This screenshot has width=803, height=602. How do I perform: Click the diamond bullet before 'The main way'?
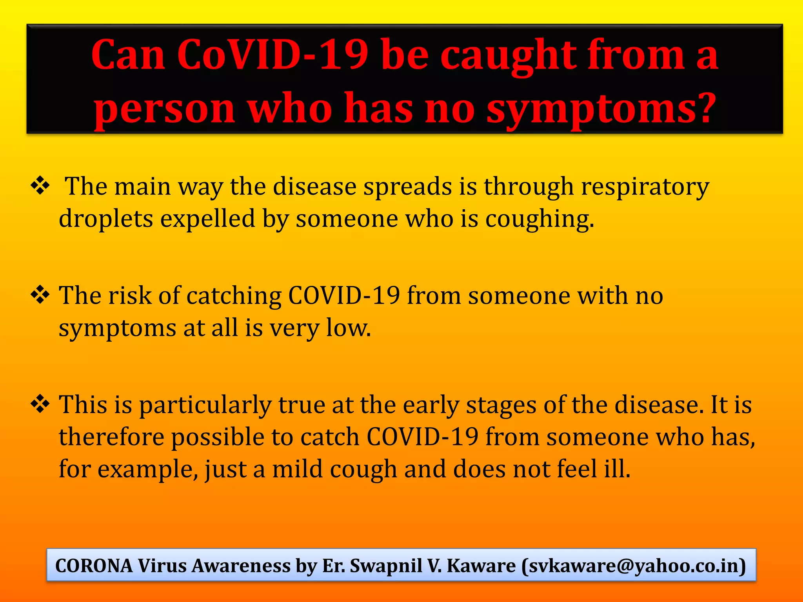pyautogui.click(x=40, y=186)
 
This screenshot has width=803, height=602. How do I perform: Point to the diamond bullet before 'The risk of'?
pyautogui.click(x=40, y=295)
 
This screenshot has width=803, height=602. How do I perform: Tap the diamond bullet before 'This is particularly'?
pyautogui.click(x=40, y=404)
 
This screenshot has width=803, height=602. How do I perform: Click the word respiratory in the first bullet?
pyautogui.click(x=645, y=187)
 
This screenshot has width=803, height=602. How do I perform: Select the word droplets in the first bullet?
pyautogui.click(x=106, y=219)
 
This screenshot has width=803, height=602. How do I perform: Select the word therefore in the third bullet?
pyautogui.click(x=111, y=437)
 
